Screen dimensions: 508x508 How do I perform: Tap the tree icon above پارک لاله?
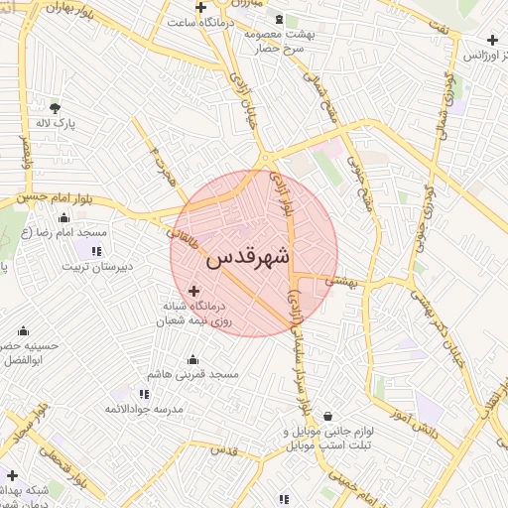54,107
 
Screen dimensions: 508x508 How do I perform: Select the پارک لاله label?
56,124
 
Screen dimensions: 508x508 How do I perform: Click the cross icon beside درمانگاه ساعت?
200,8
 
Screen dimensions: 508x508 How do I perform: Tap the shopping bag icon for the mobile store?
327,418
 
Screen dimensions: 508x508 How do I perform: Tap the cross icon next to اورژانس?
492,41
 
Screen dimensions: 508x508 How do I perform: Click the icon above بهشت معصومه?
279,20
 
